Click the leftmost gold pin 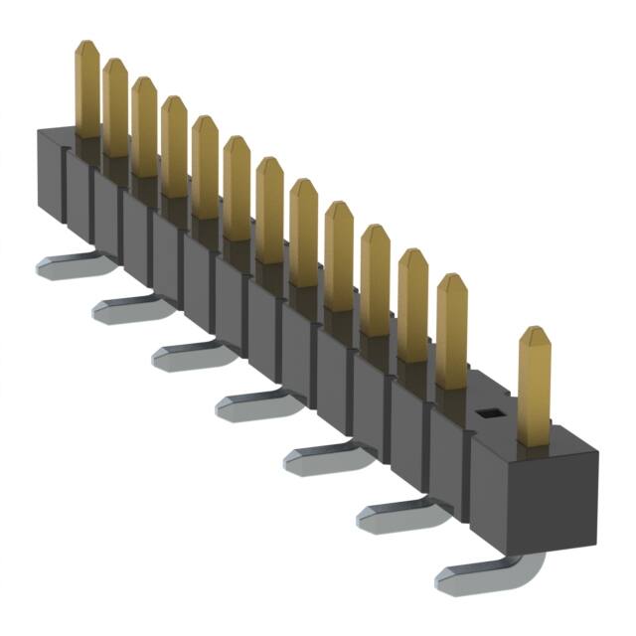pyautogui.click(x=86, y=89)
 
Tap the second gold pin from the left pyautogui.click(x=115, y=107)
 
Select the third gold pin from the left pyautogui.click(x=144, y=126)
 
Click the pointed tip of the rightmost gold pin pyautogui.click(x=536, y=330)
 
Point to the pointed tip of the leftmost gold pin pyautogui.click(x=86, y=44)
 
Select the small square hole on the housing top pyautogui.click(x=486, y=412)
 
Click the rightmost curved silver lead pyautogui.click(x=487, y=574)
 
